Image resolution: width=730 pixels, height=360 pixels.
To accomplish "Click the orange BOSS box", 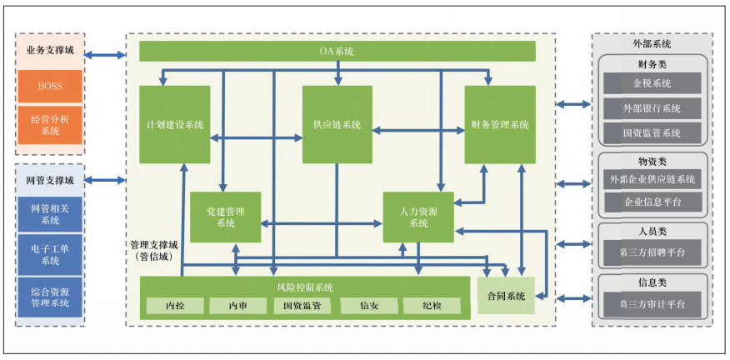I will click(x=50, y=86).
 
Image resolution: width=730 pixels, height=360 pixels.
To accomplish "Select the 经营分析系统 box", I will click(x=50, y=125).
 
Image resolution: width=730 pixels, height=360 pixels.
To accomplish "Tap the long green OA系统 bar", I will click(x=337, y=52).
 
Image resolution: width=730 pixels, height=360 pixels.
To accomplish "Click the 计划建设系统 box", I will click(x=175, y=124).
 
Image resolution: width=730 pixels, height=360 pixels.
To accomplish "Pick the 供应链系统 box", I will click(x=337, y=124).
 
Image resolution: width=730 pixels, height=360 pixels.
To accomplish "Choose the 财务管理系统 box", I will click(x=500, y=124).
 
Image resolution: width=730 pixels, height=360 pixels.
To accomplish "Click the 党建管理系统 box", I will click(x=225, y=217).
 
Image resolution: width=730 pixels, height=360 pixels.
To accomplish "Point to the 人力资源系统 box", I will click(x=418, y=217).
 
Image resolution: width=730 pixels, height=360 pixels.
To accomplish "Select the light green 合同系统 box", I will click(x=505, y=296).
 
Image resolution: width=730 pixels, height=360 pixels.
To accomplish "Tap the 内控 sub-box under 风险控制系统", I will click(x=175, y=306).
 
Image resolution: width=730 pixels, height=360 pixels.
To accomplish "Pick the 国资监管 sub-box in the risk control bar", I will click(x=303, y=306).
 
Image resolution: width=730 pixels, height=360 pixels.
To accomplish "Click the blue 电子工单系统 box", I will click(x=50, y=254).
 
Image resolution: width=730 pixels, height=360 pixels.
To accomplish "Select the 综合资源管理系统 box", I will click(x=50, y=297).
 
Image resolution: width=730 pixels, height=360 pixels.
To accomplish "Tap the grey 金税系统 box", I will click(x=652, y=83).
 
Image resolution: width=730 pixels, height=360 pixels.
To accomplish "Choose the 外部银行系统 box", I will click(x=652, y=108).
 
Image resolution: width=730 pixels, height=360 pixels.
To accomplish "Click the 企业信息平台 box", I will click(x=652, y=202).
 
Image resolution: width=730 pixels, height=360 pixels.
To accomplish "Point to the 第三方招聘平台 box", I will click(x=652, y=252).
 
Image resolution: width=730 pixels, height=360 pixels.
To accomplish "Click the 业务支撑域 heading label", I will click(x=50, y=50).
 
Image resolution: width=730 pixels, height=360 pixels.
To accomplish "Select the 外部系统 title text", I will click(x=652, y=43).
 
